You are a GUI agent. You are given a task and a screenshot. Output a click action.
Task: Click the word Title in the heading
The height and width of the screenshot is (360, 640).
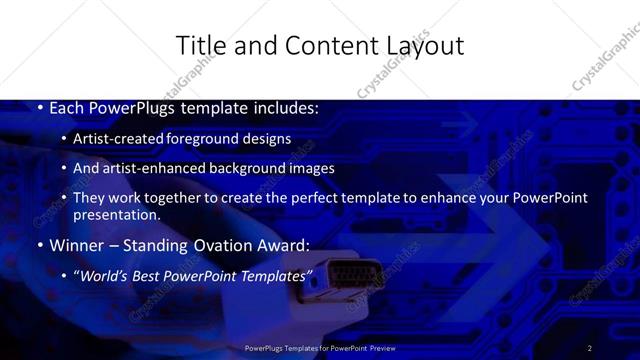click(198, 45)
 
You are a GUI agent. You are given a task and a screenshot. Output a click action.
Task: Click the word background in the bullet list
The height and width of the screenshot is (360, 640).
click(245, 168)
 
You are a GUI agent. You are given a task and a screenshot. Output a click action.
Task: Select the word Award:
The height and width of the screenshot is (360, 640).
click(285, 244)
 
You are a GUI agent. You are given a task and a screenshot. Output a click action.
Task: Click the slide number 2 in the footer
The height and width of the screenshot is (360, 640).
click(590, 348)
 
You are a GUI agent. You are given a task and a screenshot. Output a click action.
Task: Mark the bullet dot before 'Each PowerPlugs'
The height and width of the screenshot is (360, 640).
click(39, 107)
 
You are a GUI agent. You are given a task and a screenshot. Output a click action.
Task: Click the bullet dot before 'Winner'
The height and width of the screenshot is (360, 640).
click(39, 244)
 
